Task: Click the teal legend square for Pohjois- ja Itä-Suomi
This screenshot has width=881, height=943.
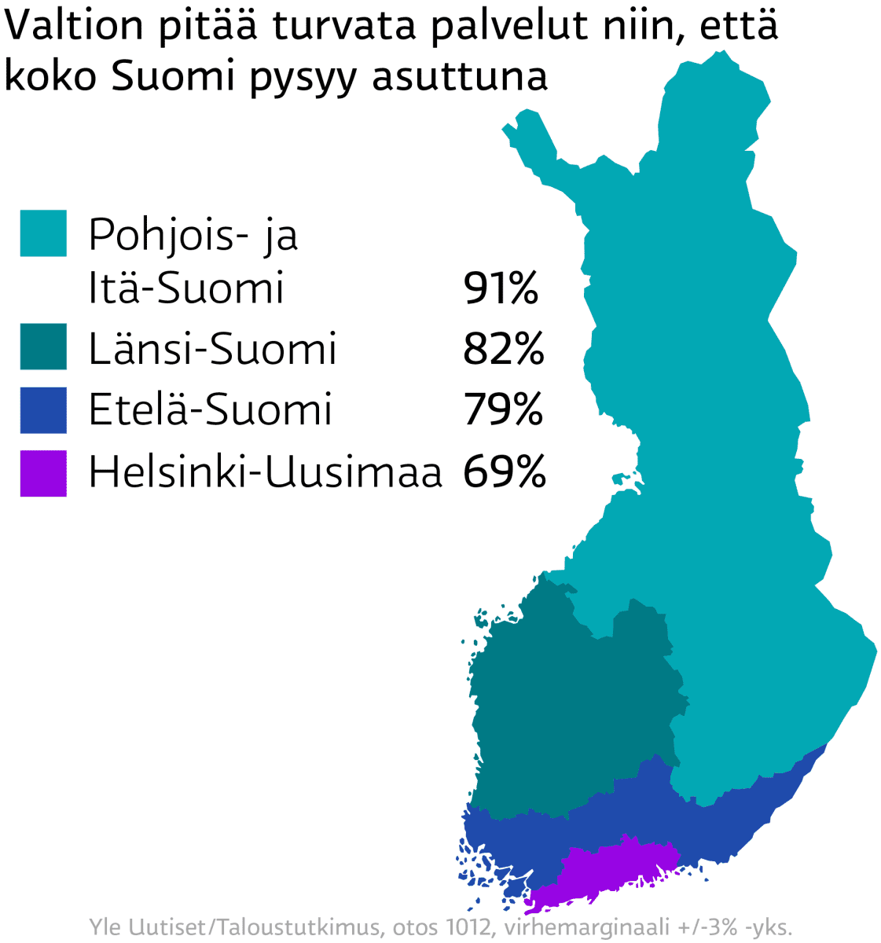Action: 43,233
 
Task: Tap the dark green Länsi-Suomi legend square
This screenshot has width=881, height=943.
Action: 43,347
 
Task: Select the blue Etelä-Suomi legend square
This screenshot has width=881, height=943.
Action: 43,409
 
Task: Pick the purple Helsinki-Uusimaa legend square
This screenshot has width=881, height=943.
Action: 43,473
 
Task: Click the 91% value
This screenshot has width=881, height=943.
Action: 501,288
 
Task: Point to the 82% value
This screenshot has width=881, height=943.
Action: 503,348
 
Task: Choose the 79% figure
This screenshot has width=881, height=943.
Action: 503,409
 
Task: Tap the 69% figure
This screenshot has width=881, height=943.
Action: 504,472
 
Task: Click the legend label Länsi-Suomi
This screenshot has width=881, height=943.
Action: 212,348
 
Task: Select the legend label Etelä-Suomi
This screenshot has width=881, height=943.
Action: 210,409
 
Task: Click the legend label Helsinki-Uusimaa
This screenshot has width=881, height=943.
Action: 265,472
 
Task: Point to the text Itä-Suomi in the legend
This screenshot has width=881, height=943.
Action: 185,288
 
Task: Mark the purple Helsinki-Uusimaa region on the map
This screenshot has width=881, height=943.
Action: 613,868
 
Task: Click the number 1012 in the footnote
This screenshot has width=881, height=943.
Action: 464,926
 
